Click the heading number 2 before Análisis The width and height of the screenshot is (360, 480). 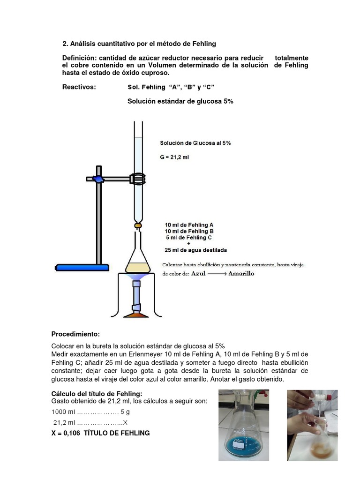(x=65, y=44)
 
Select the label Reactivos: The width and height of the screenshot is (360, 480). (x=79, y=87)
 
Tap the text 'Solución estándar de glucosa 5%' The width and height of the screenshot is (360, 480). (x=180, y=101)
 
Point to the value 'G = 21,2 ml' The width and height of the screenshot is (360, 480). (x=174, y=157)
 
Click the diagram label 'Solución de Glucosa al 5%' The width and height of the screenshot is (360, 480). (x=195, y=143)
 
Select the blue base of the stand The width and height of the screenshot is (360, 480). (x=82, y=268)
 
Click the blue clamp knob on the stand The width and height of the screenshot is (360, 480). (x=97, y=179)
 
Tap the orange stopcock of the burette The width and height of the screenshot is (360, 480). (x=138, y=225)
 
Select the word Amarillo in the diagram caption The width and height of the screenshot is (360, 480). (x=241, y=274)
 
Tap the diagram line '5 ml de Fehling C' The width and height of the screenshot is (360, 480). (x=189, y=238)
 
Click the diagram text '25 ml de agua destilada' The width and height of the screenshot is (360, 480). (x=195, y=250)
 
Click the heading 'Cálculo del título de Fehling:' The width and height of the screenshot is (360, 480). (x=96, y=393)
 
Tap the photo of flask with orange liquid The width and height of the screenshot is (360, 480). (x=312, y=425)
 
